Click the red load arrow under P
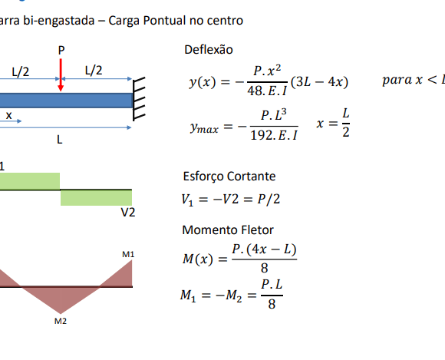(61, 75)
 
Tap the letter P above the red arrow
(61, 51)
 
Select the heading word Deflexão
(209, 50)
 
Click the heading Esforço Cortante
(229, 177)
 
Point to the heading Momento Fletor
(228, 230)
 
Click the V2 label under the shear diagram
(128, 213)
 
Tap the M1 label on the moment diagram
(128, 254)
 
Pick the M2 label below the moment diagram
(61, 321)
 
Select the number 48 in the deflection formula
(254, 91)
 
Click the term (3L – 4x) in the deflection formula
(320, 82)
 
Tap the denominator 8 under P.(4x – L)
(264, 268)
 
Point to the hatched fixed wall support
(139, 98)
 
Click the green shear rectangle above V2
(96, 197)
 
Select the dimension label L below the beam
(59, 140)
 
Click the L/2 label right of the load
(94, 70)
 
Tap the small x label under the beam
(8, 115)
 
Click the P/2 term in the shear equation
(269, 199)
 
